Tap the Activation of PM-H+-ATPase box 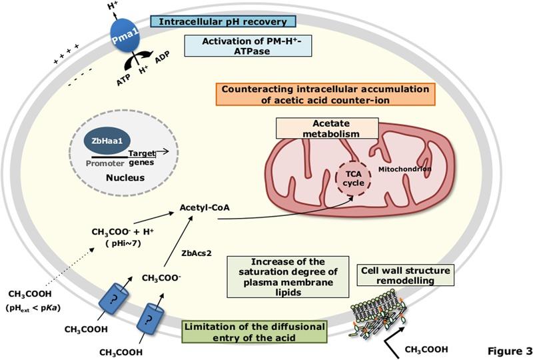[249, 47]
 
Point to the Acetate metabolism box [326, 129]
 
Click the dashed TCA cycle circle [351, 177]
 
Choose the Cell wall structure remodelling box [406, 275]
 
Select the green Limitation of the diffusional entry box [255, 331]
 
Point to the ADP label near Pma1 [162, 74]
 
